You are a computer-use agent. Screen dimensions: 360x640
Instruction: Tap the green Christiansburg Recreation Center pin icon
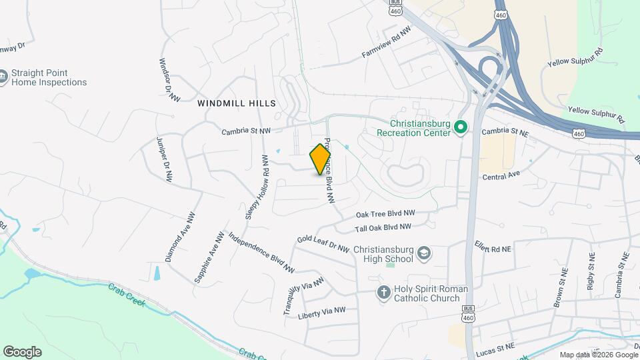coord(460,127)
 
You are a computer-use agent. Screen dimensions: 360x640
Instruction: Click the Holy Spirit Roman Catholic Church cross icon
coord(383,293)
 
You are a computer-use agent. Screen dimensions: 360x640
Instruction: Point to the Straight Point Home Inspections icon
coord(5,78)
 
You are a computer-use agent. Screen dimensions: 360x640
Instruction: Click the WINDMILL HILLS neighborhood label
coord(236,103)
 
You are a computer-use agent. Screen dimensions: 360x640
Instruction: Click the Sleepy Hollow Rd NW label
coord(256,187)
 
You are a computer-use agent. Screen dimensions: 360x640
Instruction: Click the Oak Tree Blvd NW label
coord(385,214)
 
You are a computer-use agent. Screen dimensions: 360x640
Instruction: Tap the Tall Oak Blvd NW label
coord(383,228)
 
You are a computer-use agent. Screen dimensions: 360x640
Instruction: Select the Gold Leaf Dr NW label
coord(323,243)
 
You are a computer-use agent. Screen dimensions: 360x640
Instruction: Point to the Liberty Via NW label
coord(322,311)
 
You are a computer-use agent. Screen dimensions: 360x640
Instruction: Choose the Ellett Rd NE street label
coord(493,247)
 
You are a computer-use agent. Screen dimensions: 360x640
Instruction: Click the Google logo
coord(22,351)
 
